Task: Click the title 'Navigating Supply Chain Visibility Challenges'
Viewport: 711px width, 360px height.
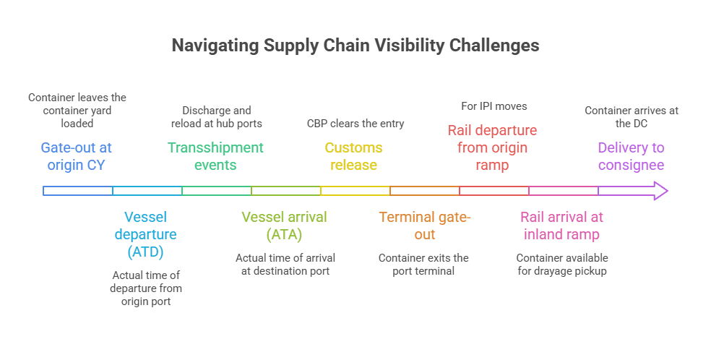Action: point(355,46)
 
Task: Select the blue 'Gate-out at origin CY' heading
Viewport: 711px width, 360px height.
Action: point(77,156)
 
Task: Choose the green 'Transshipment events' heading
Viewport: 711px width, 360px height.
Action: point(215,156)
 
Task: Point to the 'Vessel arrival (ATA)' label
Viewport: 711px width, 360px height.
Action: point(284,226)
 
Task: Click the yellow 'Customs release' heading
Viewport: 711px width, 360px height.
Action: point(353,156)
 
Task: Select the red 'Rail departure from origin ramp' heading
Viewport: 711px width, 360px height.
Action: point(492,147)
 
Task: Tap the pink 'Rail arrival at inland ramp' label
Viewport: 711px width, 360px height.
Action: point(561,226)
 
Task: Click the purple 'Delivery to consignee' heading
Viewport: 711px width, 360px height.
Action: point(631,156)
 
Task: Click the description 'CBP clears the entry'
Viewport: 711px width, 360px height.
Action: point(355,124)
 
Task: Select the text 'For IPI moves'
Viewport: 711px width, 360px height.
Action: point(494,106)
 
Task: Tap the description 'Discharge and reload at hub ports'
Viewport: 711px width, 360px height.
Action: point(217,117)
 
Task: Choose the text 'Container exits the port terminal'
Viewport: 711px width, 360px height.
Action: point(423,265)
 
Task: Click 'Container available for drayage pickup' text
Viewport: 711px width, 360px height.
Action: point(562,265)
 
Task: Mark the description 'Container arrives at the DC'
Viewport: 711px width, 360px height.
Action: point(631,117)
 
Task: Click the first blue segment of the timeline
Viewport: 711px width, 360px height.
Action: point(78,191)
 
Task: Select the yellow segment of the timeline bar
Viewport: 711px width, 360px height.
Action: point(355,191)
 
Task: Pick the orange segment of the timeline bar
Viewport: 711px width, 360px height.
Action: point(425,191)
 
